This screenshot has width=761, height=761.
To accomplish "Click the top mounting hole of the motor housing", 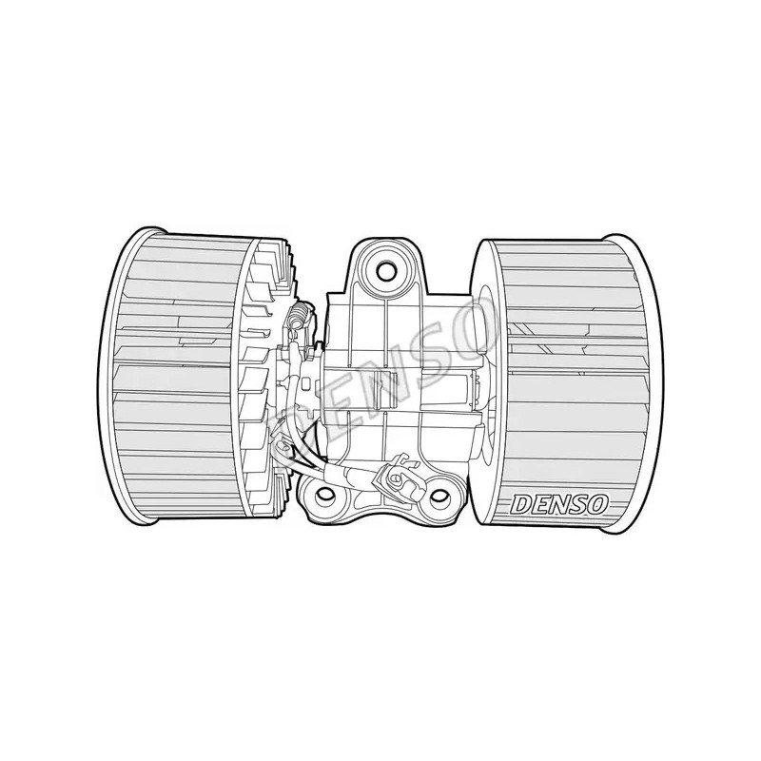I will (386, 269).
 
